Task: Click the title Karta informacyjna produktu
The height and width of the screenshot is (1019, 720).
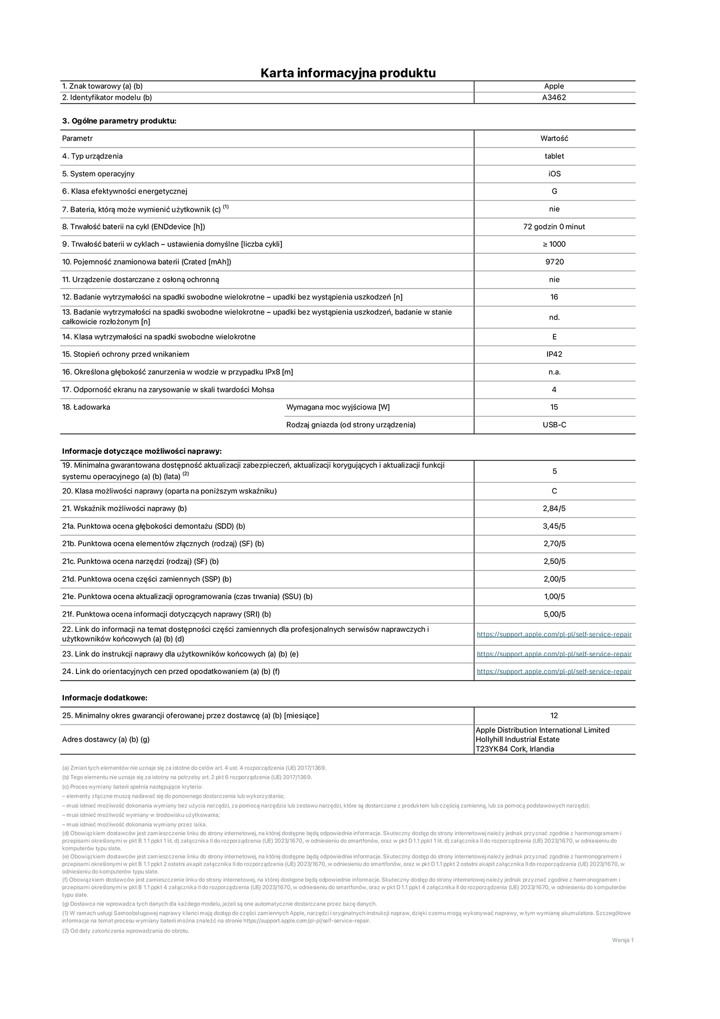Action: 348,73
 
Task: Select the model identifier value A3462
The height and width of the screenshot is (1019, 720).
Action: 554,98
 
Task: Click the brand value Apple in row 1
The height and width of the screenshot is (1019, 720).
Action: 554,86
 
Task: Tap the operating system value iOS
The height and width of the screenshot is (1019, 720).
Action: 554,174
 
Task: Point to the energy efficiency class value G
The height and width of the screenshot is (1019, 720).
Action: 554,191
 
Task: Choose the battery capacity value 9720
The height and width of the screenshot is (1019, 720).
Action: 554,262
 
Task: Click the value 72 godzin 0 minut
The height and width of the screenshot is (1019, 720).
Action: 554,227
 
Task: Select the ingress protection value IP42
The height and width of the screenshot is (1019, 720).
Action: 554,354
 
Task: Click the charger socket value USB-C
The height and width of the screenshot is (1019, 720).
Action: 554,425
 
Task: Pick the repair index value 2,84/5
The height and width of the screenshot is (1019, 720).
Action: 554,509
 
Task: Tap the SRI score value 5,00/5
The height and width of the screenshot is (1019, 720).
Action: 554,614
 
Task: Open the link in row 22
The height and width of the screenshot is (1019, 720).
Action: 554,635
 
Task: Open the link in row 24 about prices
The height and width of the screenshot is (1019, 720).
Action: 554,671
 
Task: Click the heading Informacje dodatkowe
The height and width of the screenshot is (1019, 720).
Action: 105,698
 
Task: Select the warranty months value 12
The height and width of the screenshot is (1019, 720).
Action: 554,716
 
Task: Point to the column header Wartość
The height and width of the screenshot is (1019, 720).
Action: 554,138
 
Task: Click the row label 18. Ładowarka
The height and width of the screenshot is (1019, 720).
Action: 86,407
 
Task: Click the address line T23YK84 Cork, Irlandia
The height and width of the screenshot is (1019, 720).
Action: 515,749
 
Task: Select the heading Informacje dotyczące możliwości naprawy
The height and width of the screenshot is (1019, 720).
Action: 142,451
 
